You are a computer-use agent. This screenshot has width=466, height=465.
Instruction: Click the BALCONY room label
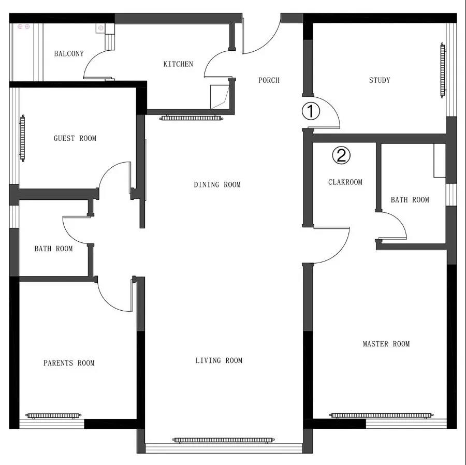pos(69,54)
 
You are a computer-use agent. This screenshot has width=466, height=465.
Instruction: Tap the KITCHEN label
pos(178,64)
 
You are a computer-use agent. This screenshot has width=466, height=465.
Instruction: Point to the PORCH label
pos(269,80)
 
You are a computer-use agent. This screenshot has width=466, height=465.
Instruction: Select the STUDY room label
pos(380,80)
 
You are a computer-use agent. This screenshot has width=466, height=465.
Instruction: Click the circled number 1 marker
pos(311,111)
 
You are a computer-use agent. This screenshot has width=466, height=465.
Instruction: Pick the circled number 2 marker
pos(341,155)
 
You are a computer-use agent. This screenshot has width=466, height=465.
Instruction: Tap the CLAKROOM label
pos(345,182)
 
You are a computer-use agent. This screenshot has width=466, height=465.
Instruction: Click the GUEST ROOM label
pos(75,138)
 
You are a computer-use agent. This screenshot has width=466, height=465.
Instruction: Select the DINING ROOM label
pos(217,185)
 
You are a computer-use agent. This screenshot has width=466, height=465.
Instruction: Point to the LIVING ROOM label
pos(219,361)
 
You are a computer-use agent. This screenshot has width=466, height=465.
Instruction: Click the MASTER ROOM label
pos(386,344)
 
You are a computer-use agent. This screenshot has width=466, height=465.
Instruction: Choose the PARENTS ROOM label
pos(69,363)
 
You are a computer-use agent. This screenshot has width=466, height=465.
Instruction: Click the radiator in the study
pos(443,70)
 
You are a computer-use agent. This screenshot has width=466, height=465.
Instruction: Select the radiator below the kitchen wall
pos(191,118)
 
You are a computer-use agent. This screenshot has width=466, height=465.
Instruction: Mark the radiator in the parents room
pos(53,415)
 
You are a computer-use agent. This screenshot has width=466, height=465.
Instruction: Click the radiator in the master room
pos(381,415)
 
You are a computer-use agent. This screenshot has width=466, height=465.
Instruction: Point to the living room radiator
pos(223,440)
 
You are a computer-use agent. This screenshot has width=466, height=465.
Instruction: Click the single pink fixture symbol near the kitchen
pos(101,28)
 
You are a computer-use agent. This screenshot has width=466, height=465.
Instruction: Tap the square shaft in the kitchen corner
pos(220,97)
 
